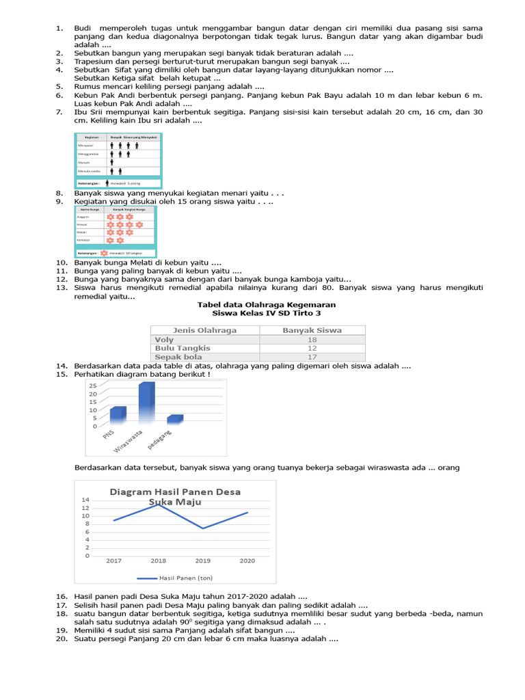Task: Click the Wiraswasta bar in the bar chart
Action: pos(146,403)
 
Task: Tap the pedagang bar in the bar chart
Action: pos(175,418)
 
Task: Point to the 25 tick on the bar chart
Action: pos(92,386)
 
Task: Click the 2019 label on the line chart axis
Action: pos(203,561)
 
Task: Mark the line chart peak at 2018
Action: pos(159,504)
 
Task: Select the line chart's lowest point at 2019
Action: pos(203,528)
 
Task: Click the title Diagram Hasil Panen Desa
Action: pos(175,492)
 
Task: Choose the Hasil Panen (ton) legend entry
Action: pos(176,578)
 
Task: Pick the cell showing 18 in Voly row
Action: pos(312,340)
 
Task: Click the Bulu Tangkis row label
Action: pos(183,348)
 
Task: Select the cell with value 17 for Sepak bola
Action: pos(312,357)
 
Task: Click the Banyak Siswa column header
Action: pos(312,330)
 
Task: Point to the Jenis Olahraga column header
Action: pos(204,330)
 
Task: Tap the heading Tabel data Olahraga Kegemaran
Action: pos(267,305)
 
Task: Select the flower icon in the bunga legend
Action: pos(104,253)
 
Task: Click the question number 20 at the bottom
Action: pos(61,639)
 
